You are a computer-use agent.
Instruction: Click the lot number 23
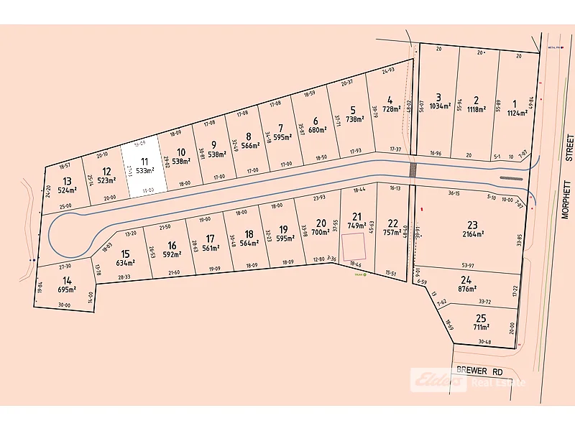point(472,224)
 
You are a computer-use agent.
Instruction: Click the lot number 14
point(67,280)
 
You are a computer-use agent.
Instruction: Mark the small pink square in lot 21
point(352,246)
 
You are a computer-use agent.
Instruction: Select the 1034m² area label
point(439,106)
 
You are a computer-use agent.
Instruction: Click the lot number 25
point(481,318)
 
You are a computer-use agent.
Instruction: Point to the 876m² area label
point(467,289)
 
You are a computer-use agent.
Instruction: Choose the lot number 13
point(67,182)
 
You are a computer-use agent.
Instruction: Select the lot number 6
point(315,121)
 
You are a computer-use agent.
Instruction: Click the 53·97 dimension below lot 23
point(468,266)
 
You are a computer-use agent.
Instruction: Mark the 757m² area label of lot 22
point(392,232)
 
